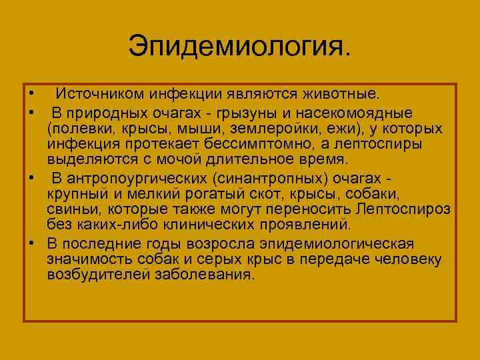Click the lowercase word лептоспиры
[x=375, y=144]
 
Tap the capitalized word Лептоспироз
[x=404, y=209]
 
